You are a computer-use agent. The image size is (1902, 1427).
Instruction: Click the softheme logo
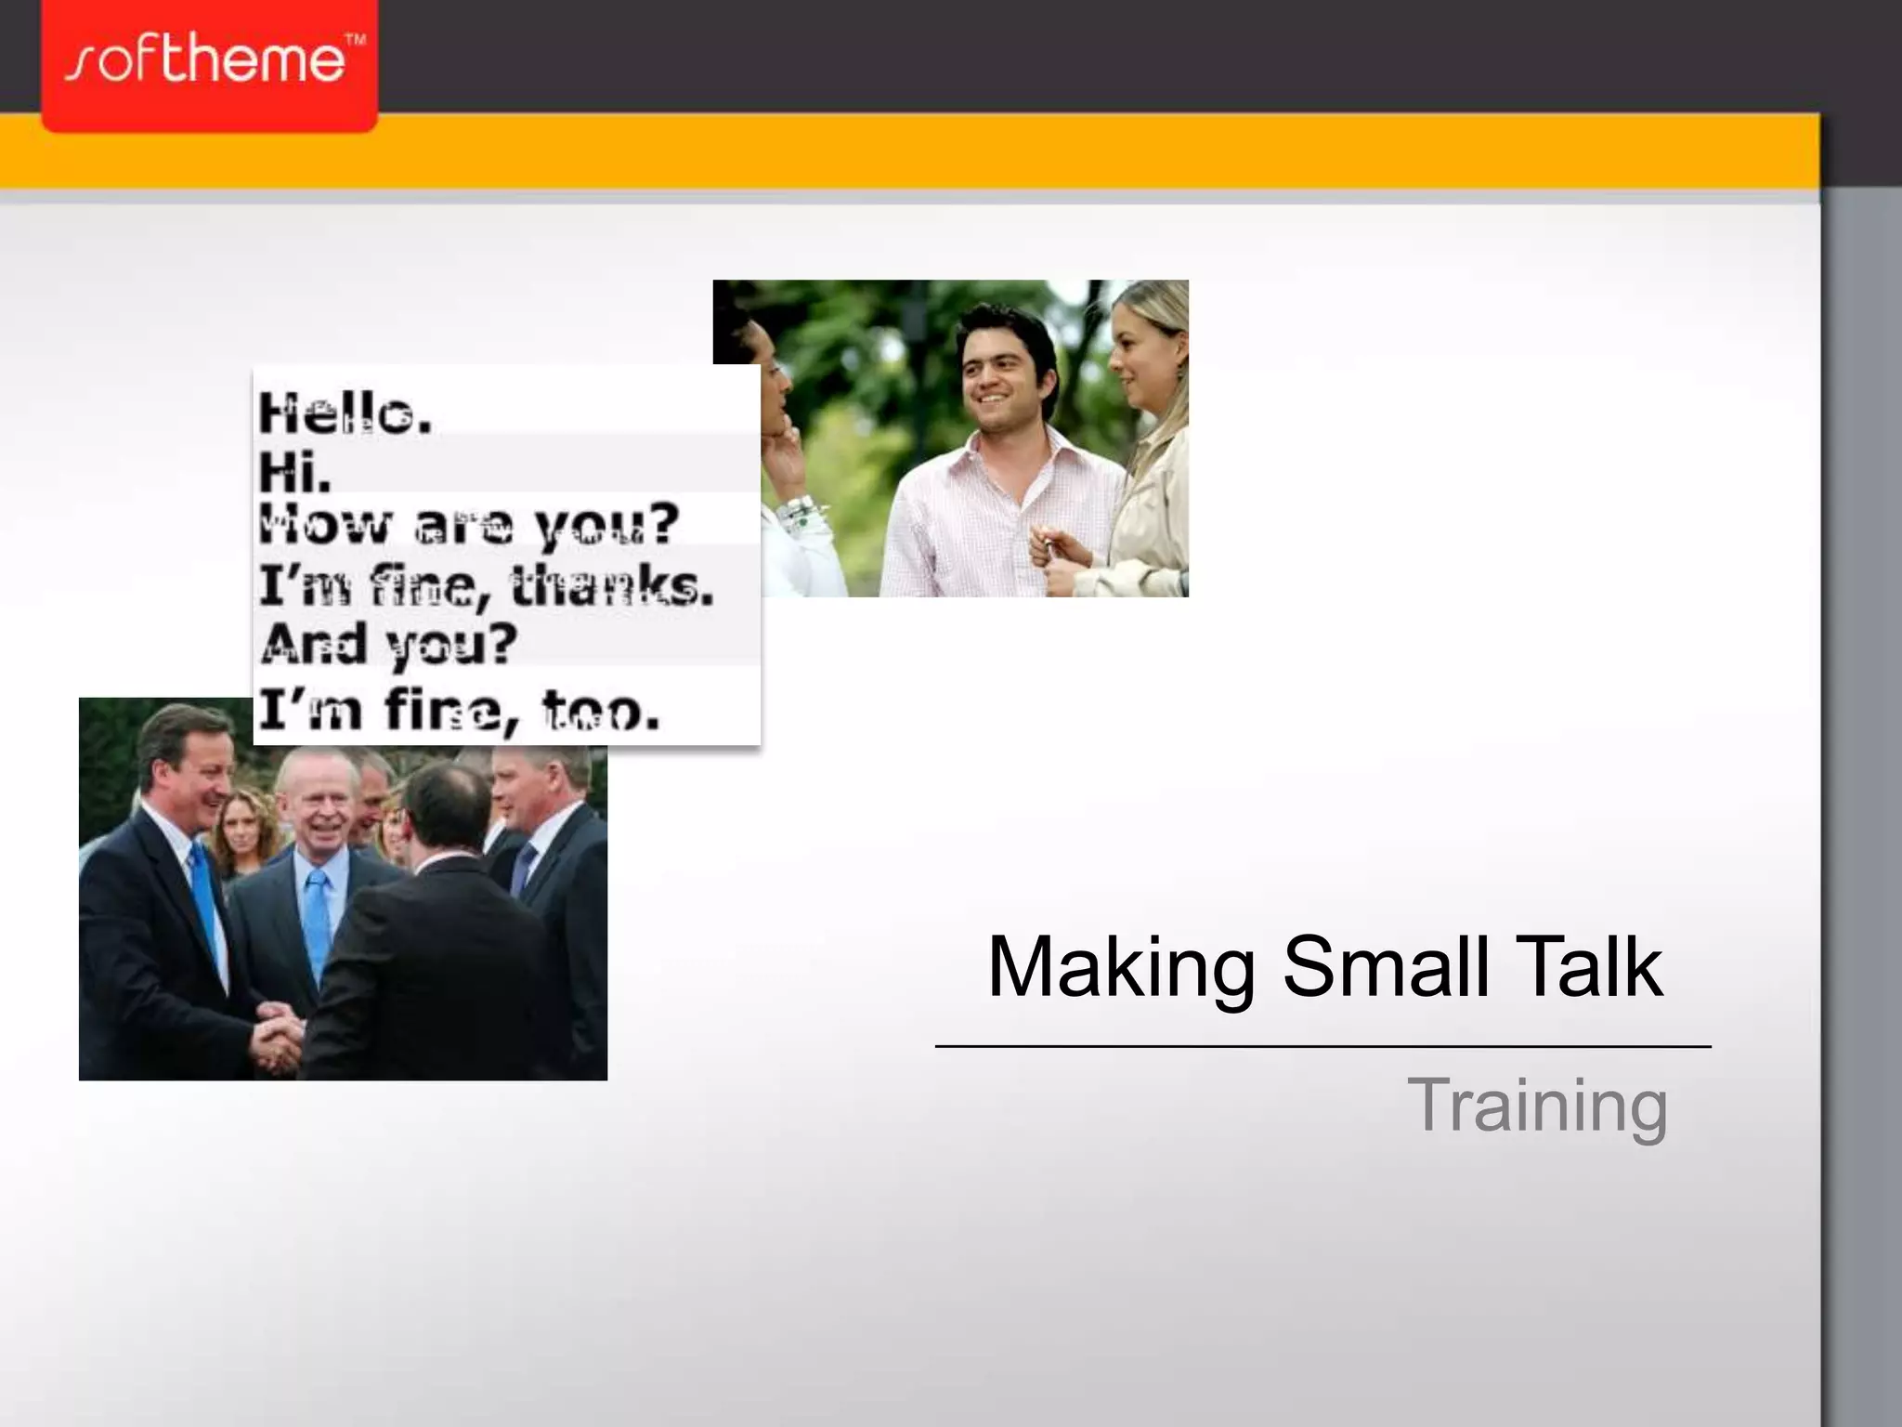(x=208, y=63)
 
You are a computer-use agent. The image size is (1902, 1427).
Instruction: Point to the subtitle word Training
(x=1537, y=1105)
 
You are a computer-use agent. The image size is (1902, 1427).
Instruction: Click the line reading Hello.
(x=345, y=412)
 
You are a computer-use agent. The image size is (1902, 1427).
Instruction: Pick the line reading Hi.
(x=294, y=471)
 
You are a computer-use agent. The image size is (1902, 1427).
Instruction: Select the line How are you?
(x=469, y=526)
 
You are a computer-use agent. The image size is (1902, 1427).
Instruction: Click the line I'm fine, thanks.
(x=486, y=586)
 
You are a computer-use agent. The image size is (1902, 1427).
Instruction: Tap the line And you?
(x=387, y=644)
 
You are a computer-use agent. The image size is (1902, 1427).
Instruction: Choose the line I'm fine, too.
(x=459, y=712)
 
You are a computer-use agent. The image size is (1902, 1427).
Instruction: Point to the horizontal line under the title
(x=1322, y=1047)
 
